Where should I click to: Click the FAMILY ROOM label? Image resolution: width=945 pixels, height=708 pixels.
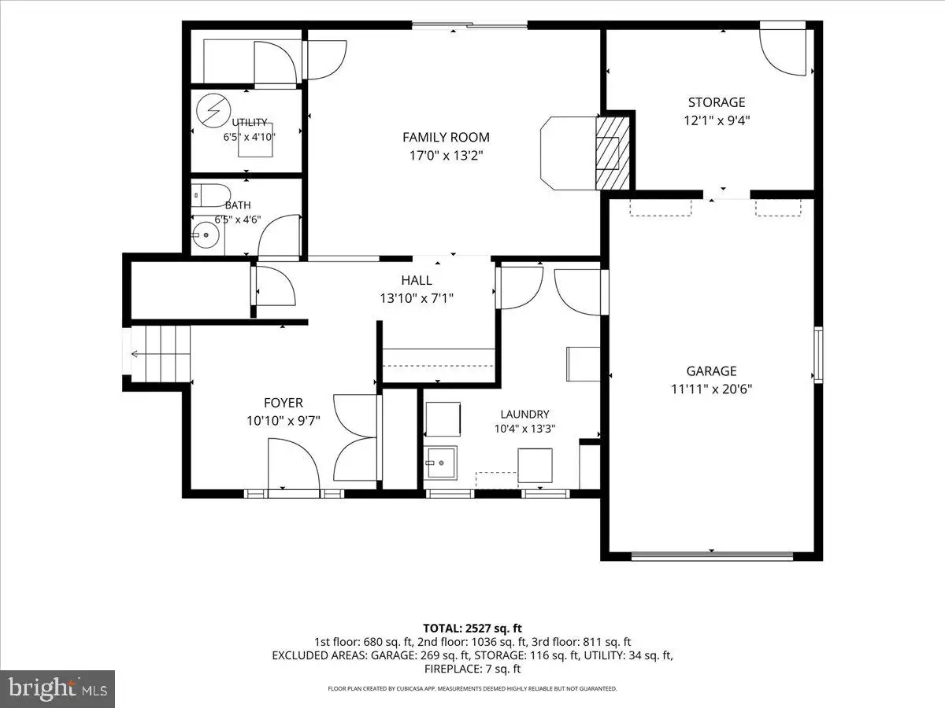pos(446,137)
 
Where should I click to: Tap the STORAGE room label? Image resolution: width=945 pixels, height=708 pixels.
pos(717,102)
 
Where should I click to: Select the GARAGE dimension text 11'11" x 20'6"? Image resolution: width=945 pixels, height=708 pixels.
pos(711,389)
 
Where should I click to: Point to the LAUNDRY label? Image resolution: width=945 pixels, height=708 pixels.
pos(524,414)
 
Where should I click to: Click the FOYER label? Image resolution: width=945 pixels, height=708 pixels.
pos(283,403)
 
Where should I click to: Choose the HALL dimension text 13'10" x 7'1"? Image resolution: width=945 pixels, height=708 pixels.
pos(417,298)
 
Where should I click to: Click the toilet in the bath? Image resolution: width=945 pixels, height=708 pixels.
pos(211,196)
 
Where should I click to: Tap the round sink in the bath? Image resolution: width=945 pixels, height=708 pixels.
pos(206,235)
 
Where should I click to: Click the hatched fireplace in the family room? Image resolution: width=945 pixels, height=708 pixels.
pos(612,153)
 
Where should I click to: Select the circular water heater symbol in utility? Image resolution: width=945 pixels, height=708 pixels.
pos(213,110)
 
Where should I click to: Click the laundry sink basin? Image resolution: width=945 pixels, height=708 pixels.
pos(441,463)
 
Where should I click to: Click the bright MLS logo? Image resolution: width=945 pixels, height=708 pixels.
pos(57,688)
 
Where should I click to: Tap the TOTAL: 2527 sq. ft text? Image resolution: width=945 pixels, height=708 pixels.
pos(472,629)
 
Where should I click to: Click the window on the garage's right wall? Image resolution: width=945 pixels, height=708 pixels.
pos(818,355)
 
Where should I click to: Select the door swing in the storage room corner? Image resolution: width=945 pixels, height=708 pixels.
pos(783,53)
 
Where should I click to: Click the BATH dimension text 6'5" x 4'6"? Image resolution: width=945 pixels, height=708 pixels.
pos(238,219)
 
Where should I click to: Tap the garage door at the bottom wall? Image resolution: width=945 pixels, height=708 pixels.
pos(712,556)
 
